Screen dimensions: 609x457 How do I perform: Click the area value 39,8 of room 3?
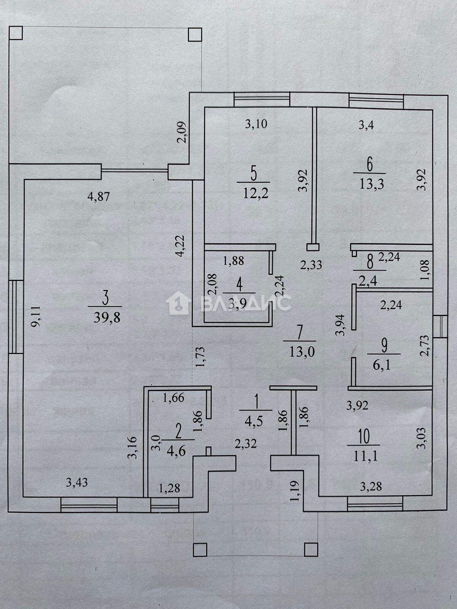pyautogui.click(x=107, y=317)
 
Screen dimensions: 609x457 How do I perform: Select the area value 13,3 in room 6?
pyautogui.click(x=369, y=184)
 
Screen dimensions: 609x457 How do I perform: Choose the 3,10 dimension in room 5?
pyautogui.click(x=256, y=124)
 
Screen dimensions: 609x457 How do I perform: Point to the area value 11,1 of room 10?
pyautogui.click(x=364, y=456)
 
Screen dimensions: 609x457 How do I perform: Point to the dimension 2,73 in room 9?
pyautogui.click(x=425, y=345)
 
